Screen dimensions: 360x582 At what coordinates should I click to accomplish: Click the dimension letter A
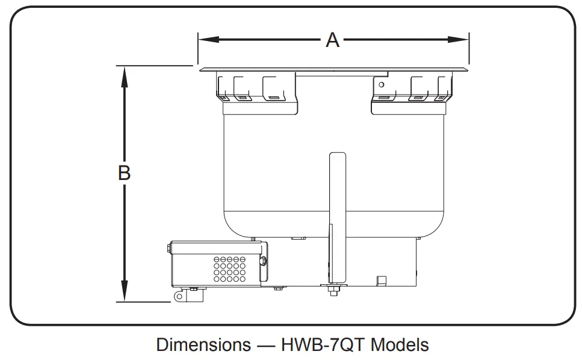coord(333,40)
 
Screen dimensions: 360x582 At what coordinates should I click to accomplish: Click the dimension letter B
coord(124,173)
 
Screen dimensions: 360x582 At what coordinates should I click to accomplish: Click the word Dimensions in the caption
coord(203,345)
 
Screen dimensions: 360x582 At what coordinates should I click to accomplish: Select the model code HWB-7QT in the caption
coord(323,345)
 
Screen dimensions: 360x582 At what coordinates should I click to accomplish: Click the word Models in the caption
coord(400,345)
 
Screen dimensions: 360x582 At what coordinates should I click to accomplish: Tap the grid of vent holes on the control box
coord(229,268)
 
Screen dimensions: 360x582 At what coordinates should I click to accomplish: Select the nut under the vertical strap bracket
coord(332,292)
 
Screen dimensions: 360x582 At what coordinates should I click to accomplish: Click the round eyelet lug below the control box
coord(179,297)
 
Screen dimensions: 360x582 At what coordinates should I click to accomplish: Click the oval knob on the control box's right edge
coord(264,261)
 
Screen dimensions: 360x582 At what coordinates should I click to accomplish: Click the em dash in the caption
coord(265,345)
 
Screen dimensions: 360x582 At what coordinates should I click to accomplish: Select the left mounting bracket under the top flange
coord(257,90)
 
